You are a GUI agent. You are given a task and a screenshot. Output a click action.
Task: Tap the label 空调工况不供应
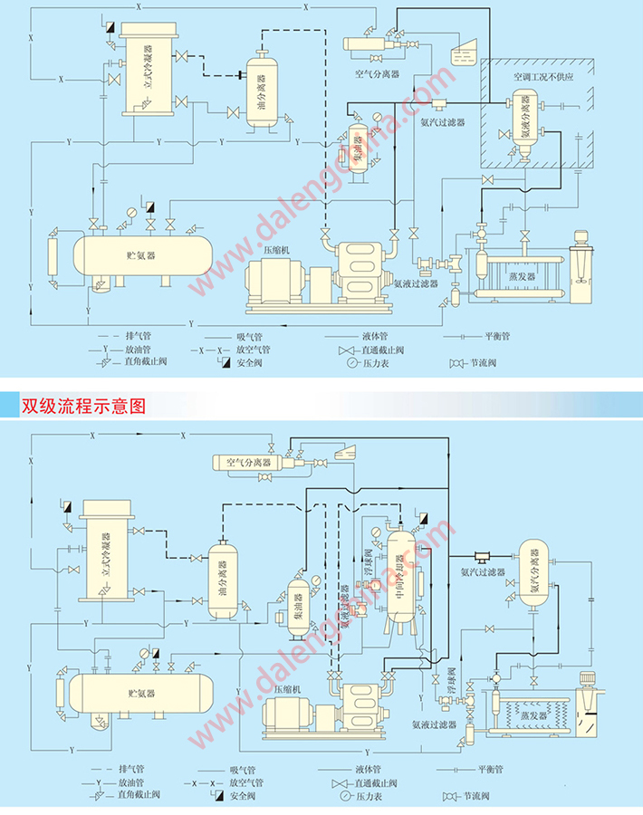coord(543,78)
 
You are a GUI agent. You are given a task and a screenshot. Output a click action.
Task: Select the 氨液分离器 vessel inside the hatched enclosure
coord(524,127)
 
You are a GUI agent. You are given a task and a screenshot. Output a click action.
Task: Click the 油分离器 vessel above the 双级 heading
coord(264,92)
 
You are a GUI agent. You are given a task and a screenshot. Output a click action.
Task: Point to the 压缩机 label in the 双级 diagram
coord(288,688)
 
